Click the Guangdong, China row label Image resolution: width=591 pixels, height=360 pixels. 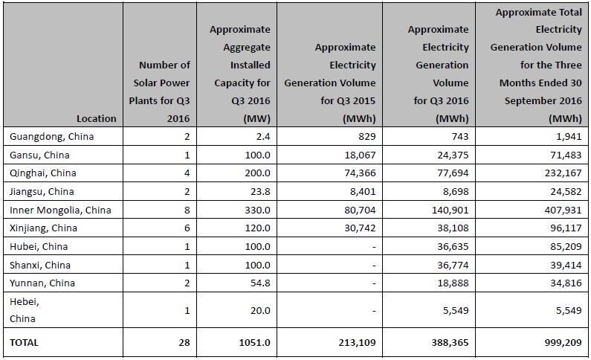click(x=51, y=136)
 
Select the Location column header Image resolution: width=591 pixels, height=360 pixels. click(x=97, y=119)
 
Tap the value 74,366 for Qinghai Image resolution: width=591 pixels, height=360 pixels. click(x=360, y=173)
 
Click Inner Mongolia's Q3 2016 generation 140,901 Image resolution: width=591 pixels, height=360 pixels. click(x=450, y=210)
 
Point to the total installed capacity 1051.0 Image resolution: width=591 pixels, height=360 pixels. click(x=254, y=342)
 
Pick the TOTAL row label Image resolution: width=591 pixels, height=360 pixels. click(x=24, y=342)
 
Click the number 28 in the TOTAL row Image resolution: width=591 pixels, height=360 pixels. click(x=184, y=342)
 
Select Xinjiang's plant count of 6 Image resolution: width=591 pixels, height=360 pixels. click(x=187, y=228)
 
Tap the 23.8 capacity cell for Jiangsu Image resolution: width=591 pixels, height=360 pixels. click(x=260, y=191)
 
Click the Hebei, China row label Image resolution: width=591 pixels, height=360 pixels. click(x=25, y=310)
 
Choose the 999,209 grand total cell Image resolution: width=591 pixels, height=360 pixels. click(x=563, y=342)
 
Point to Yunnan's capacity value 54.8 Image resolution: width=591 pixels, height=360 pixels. click(x=260, y=283)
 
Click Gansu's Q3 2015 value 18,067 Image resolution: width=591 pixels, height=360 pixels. click(x=360, y=155)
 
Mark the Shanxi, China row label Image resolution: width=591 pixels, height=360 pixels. click(x=40, y=265)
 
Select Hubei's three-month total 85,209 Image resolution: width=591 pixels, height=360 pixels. click(x=566, y=246)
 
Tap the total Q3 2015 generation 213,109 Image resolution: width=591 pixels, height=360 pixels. click(x=357, y=342)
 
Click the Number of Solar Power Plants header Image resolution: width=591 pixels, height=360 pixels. click(x=159, y=91)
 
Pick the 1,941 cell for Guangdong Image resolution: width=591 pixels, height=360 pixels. click(x=569, y=136)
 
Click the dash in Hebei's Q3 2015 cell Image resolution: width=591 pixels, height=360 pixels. click(x=373, y=311)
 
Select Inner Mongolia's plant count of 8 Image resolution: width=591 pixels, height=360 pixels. click(x=187, y=210)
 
